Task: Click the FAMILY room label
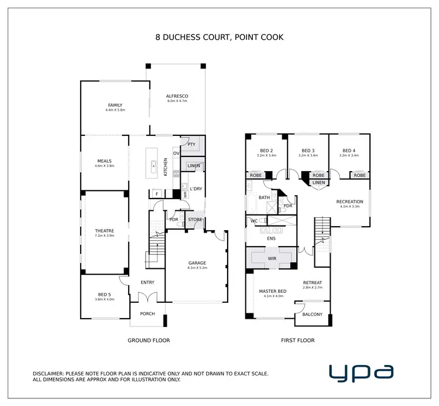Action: point(115,105)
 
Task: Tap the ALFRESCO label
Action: point(177,96)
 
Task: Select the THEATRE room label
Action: point(104,231)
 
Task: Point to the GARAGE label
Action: point(196,263)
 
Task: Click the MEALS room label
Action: point(104,161)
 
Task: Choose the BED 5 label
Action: point(104,295)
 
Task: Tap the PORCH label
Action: point(148,314)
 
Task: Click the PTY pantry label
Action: point(191,144)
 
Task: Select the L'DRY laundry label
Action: point(196,188)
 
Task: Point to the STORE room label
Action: point(195,220)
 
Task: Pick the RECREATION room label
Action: point(350,202)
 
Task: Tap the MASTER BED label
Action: point(273,291)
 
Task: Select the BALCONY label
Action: point(313,315)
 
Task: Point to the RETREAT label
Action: point(313,283)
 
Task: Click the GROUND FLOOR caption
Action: point(149,340)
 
